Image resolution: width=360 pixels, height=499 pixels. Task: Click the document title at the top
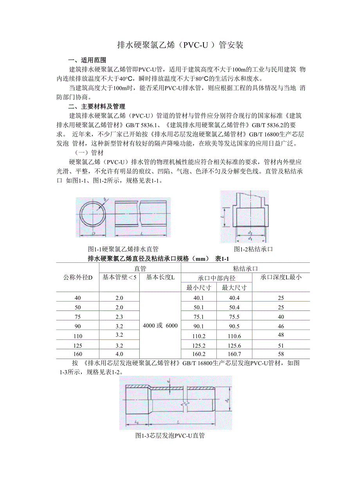pyautogui.click(x=180, y=45)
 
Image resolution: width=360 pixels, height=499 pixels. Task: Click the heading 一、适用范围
pyautogui.click(x=87, y=61)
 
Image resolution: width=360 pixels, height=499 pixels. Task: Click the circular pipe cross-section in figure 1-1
pyautogui.click(x=93, y=217)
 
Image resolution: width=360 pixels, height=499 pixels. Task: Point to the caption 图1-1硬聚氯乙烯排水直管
pyautogui.click(x=123, y=249)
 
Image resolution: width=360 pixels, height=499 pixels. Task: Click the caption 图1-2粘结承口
pyautogui.click(x=253, y=249)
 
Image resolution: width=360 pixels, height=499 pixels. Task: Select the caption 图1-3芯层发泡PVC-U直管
pyautogui.click(x=170, y=435)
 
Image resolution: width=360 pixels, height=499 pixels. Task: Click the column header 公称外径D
pyautogui.click(x=78, y=278)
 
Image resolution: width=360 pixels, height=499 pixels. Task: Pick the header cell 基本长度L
pyautogui.click(x=160, y=278)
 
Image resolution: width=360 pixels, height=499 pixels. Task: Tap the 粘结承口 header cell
pyautogui.click(x=245, y=268)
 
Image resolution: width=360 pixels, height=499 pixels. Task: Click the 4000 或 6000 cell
pyautogui.click(x=160, y=326)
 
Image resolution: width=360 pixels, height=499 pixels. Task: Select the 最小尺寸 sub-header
pyautogui.click(x=199, y=288)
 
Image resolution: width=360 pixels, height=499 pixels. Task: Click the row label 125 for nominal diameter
pyautogui.click(x=77, y=345)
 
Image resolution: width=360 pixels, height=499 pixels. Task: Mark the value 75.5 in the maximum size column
pyautogui.click(x=234, y=317)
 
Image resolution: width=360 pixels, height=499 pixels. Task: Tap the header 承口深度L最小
pyautogui.click(x=281, y=278)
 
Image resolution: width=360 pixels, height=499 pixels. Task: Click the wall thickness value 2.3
pyautogui.click(x=119, y=317)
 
